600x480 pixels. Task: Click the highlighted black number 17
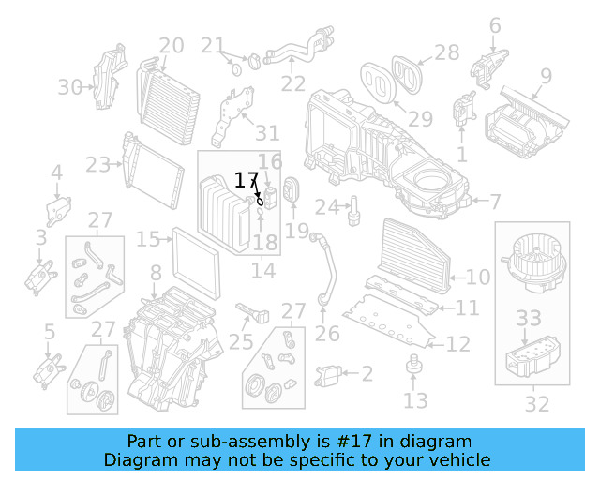coord(246,180)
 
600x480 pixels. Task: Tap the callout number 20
coord(171,45)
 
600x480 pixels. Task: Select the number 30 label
coord(70,87)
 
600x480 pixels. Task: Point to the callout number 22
coord(293,83)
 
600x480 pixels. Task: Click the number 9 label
coord(545,75)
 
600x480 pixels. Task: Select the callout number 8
coord(156,273)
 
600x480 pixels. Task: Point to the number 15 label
coord(148,240)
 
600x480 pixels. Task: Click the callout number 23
coord(97,165)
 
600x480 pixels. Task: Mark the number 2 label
coord(367,374)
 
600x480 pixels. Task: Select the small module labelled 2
coord(331,375)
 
